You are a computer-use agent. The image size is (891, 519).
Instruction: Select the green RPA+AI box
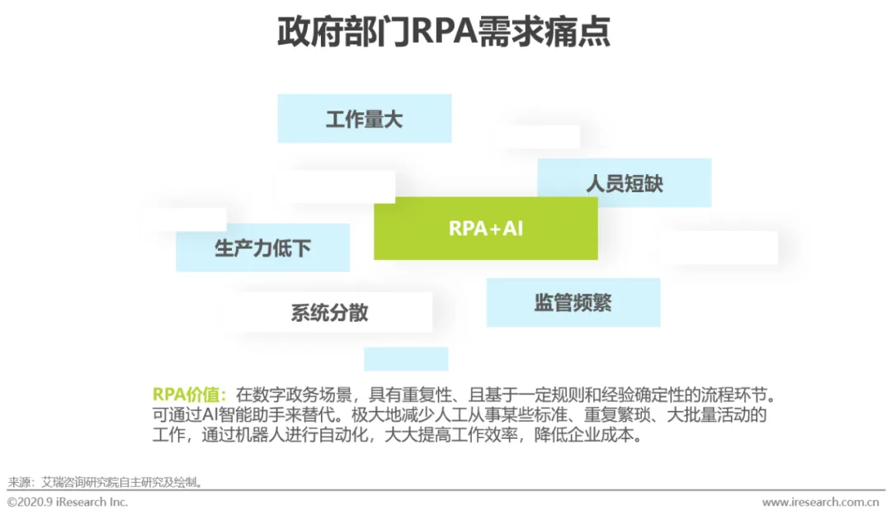(x=486, y=229)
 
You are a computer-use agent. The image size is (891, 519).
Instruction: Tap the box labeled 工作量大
(x=364, y=119)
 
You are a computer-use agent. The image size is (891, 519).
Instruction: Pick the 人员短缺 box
(x=625, y=183)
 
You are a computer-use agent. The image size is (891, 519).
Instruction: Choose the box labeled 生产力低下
(x=262, y=248)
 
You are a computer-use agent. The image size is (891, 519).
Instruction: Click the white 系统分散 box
(x=329, y=313)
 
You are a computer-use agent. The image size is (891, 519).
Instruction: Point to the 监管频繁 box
(x=573, y=302)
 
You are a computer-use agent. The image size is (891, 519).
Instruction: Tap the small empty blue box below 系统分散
(x=406, y=359)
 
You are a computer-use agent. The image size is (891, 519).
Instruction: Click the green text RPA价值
(x=189, y=394)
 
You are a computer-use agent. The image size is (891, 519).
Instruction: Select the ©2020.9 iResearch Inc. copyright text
(x=68, y=502)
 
